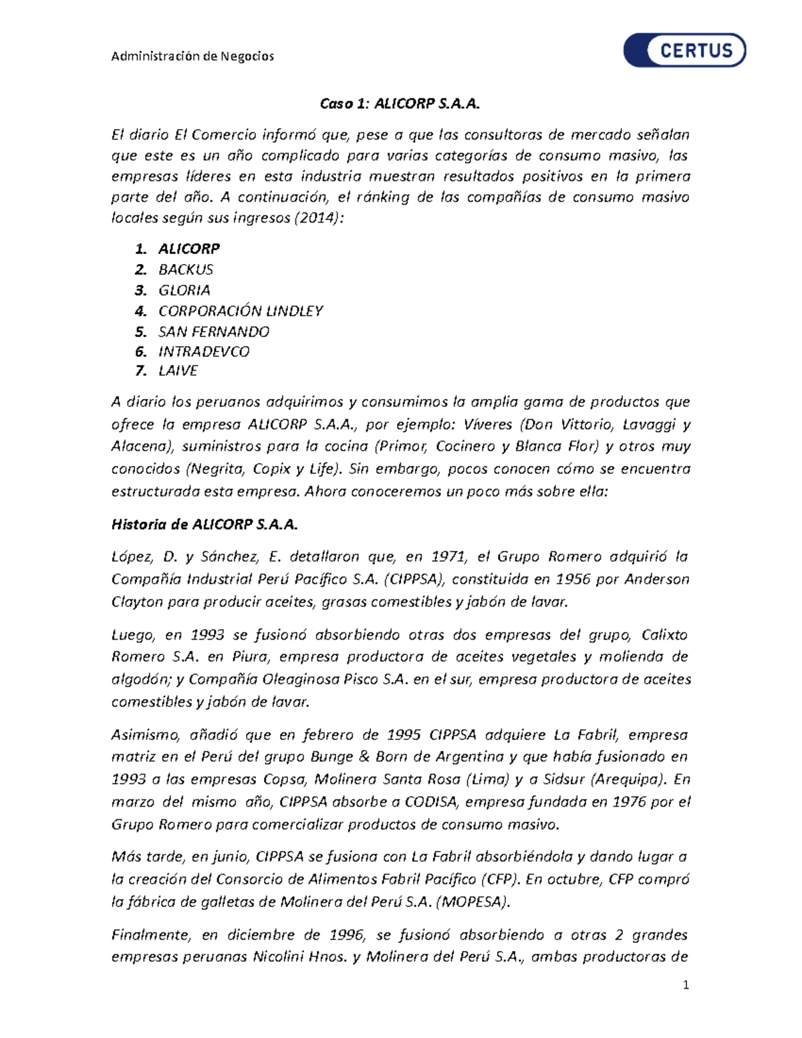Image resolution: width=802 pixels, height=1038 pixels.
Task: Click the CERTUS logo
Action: [x=684, y=50]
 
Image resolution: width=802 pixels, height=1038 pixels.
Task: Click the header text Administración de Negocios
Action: [x=192, y=56]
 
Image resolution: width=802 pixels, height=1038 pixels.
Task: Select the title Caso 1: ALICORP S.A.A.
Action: [x=400, y=104]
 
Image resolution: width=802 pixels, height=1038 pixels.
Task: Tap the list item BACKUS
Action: [x=186, y=269]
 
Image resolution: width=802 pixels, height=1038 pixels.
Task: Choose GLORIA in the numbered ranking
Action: [x=184, y=290]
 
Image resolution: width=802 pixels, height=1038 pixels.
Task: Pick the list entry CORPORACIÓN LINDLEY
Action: [x=241, y=311]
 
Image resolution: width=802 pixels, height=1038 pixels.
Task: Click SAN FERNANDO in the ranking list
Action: [x=214, y=332]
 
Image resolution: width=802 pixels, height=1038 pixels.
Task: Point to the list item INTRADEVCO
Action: [x=204, y=352]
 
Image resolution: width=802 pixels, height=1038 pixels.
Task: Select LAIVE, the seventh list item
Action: [x=178, y=371]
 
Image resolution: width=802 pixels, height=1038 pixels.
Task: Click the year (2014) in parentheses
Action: [x=319, y=218]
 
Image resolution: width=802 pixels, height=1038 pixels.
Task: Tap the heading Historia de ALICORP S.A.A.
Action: [x=205, y=525]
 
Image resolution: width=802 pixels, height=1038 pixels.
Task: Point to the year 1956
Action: [x=573, y=579]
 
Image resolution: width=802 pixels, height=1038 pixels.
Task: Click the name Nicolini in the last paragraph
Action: [x=279, y=956]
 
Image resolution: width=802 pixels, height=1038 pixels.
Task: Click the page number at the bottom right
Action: [x=685, y=985]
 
